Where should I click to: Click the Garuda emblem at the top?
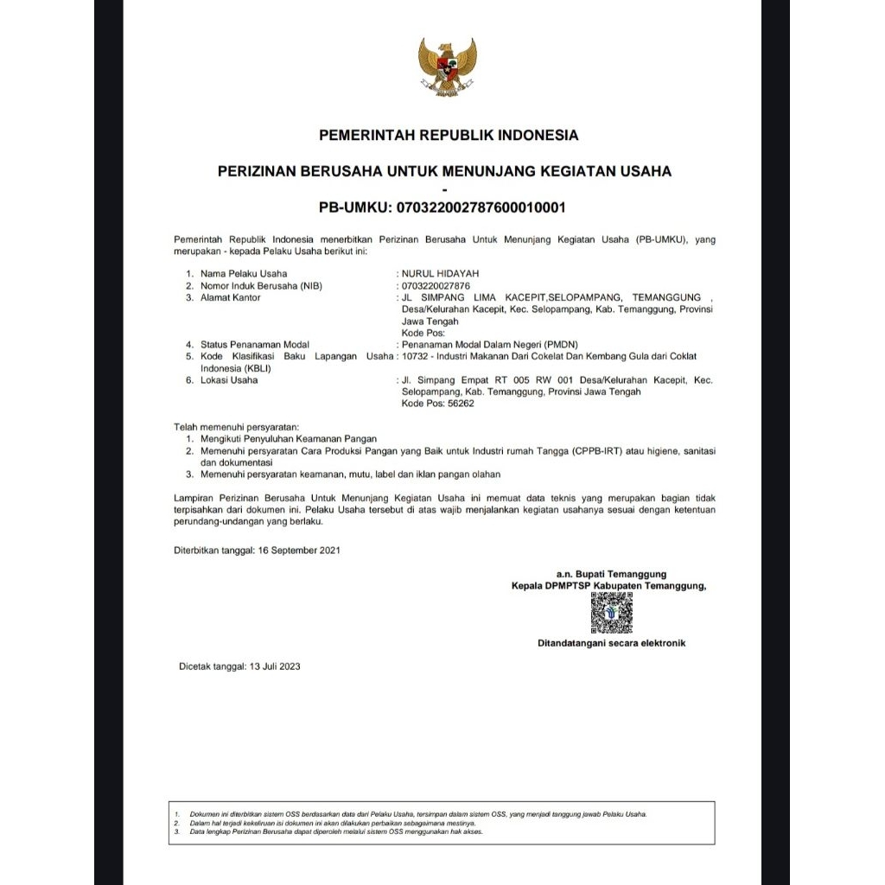[448, 67]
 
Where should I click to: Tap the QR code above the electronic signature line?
[612, 613]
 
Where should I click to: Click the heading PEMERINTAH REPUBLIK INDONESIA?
[449, 135]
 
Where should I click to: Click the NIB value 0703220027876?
[436, 285]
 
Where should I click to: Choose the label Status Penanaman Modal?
[255, 344]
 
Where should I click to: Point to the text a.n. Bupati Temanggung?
[611, 573]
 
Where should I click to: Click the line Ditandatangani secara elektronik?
[612, 643]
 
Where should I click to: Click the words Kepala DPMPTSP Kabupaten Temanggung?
[608, 585]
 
